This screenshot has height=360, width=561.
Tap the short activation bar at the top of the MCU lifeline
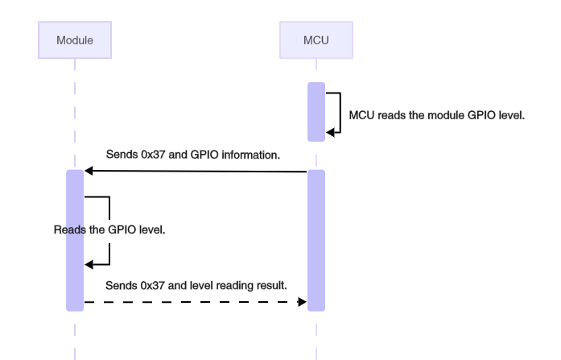click(316, 111)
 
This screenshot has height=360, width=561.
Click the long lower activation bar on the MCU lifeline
click(316, 240)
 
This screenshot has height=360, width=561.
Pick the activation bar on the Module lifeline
click(74, 240)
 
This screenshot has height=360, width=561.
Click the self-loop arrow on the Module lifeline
click(108, 230)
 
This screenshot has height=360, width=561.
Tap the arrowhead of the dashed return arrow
click(303, 302)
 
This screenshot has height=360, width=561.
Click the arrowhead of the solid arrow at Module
click(89, 172)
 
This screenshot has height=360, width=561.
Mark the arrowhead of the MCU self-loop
click(330, 134)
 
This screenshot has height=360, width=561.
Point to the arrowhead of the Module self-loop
click(89, 264)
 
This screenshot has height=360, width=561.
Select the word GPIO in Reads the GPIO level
click(119, 230)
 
